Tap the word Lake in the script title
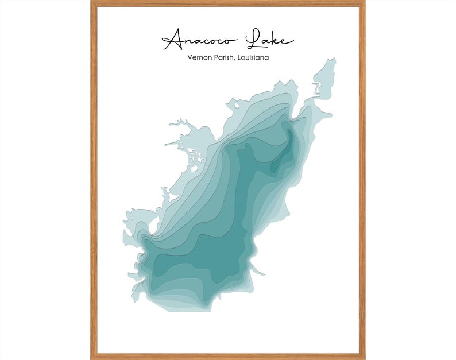tap(269, 40)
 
